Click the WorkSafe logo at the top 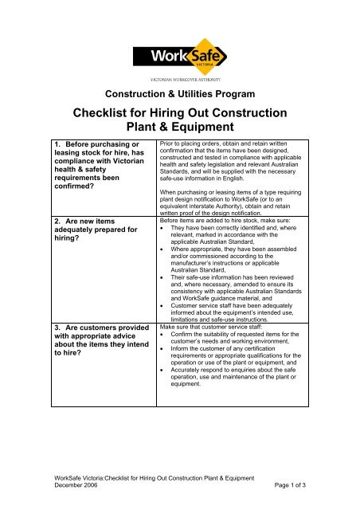(x=180, y=57)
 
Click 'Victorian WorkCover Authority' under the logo (x=180, y=80)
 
